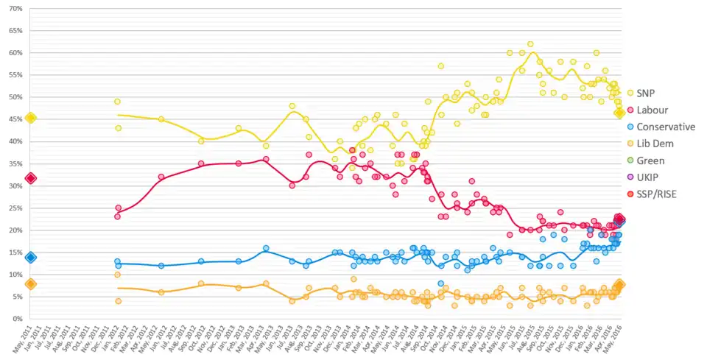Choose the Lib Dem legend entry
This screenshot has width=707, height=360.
656,144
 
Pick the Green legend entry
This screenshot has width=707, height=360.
651,160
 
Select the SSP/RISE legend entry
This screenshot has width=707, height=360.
658,194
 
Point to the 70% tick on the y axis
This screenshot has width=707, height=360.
15,9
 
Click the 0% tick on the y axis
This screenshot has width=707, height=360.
17,319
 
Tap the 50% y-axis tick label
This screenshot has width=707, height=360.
15,97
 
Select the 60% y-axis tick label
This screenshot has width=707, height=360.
15,53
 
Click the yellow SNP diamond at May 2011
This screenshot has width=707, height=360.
30,118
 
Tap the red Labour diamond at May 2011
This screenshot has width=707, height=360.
30,178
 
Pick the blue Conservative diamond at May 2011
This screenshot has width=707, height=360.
30,257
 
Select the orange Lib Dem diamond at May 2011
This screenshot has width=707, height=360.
30,284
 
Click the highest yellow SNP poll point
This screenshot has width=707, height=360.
530,44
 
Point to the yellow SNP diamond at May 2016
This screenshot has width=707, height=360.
620,113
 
